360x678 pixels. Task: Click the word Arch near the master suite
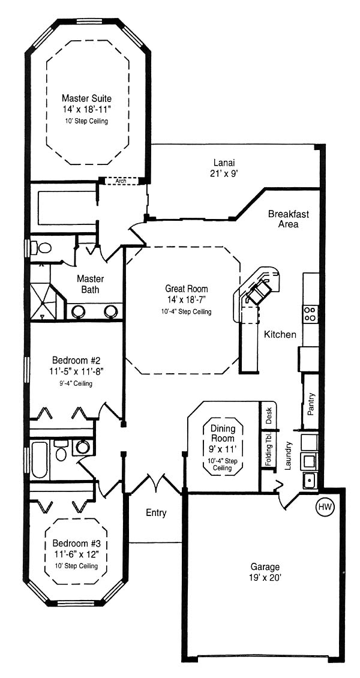(x=121, y=181)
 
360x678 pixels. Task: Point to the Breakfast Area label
(x=289, y=219)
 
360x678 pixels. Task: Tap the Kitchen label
(x=280, y=334)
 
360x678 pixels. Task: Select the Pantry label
(x=310, y=404)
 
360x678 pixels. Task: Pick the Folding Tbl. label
(x=269, y=449)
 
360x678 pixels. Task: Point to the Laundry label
(x=289, y=455)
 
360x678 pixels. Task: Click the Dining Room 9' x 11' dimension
(x=223, y=449)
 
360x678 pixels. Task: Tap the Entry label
(x=156, y=513)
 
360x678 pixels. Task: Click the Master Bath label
(x=91, y=284)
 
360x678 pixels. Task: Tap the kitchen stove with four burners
(x=310, y=313)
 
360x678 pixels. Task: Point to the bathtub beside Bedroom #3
(x=40, y=459)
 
